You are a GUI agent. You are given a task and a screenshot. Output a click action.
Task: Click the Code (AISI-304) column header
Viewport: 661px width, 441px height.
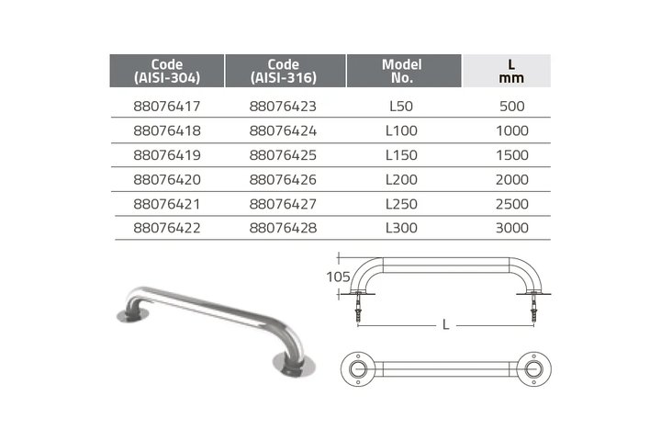coord(167,71)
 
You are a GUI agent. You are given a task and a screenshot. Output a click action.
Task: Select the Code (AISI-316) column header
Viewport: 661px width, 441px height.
coord(284,71)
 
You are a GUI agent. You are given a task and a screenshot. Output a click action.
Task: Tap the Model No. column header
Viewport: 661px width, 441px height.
coord(402,71)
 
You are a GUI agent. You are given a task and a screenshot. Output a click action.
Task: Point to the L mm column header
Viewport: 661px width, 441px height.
coord(511,71)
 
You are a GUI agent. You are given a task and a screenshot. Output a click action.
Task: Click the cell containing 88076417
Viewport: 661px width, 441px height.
coord(167,107)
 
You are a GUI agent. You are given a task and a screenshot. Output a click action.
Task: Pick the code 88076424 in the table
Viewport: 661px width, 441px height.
coord(283,130)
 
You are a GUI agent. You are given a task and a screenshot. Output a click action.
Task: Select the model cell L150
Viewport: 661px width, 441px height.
coord(401,155)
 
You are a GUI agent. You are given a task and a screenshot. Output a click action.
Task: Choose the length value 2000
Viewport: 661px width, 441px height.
coord(512,180)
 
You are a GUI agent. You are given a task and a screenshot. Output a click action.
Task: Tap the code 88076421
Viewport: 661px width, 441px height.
coord(167,204)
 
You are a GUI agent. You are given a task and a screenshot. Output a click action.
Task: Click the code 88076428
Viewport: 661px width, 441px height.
coord(283,228)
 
